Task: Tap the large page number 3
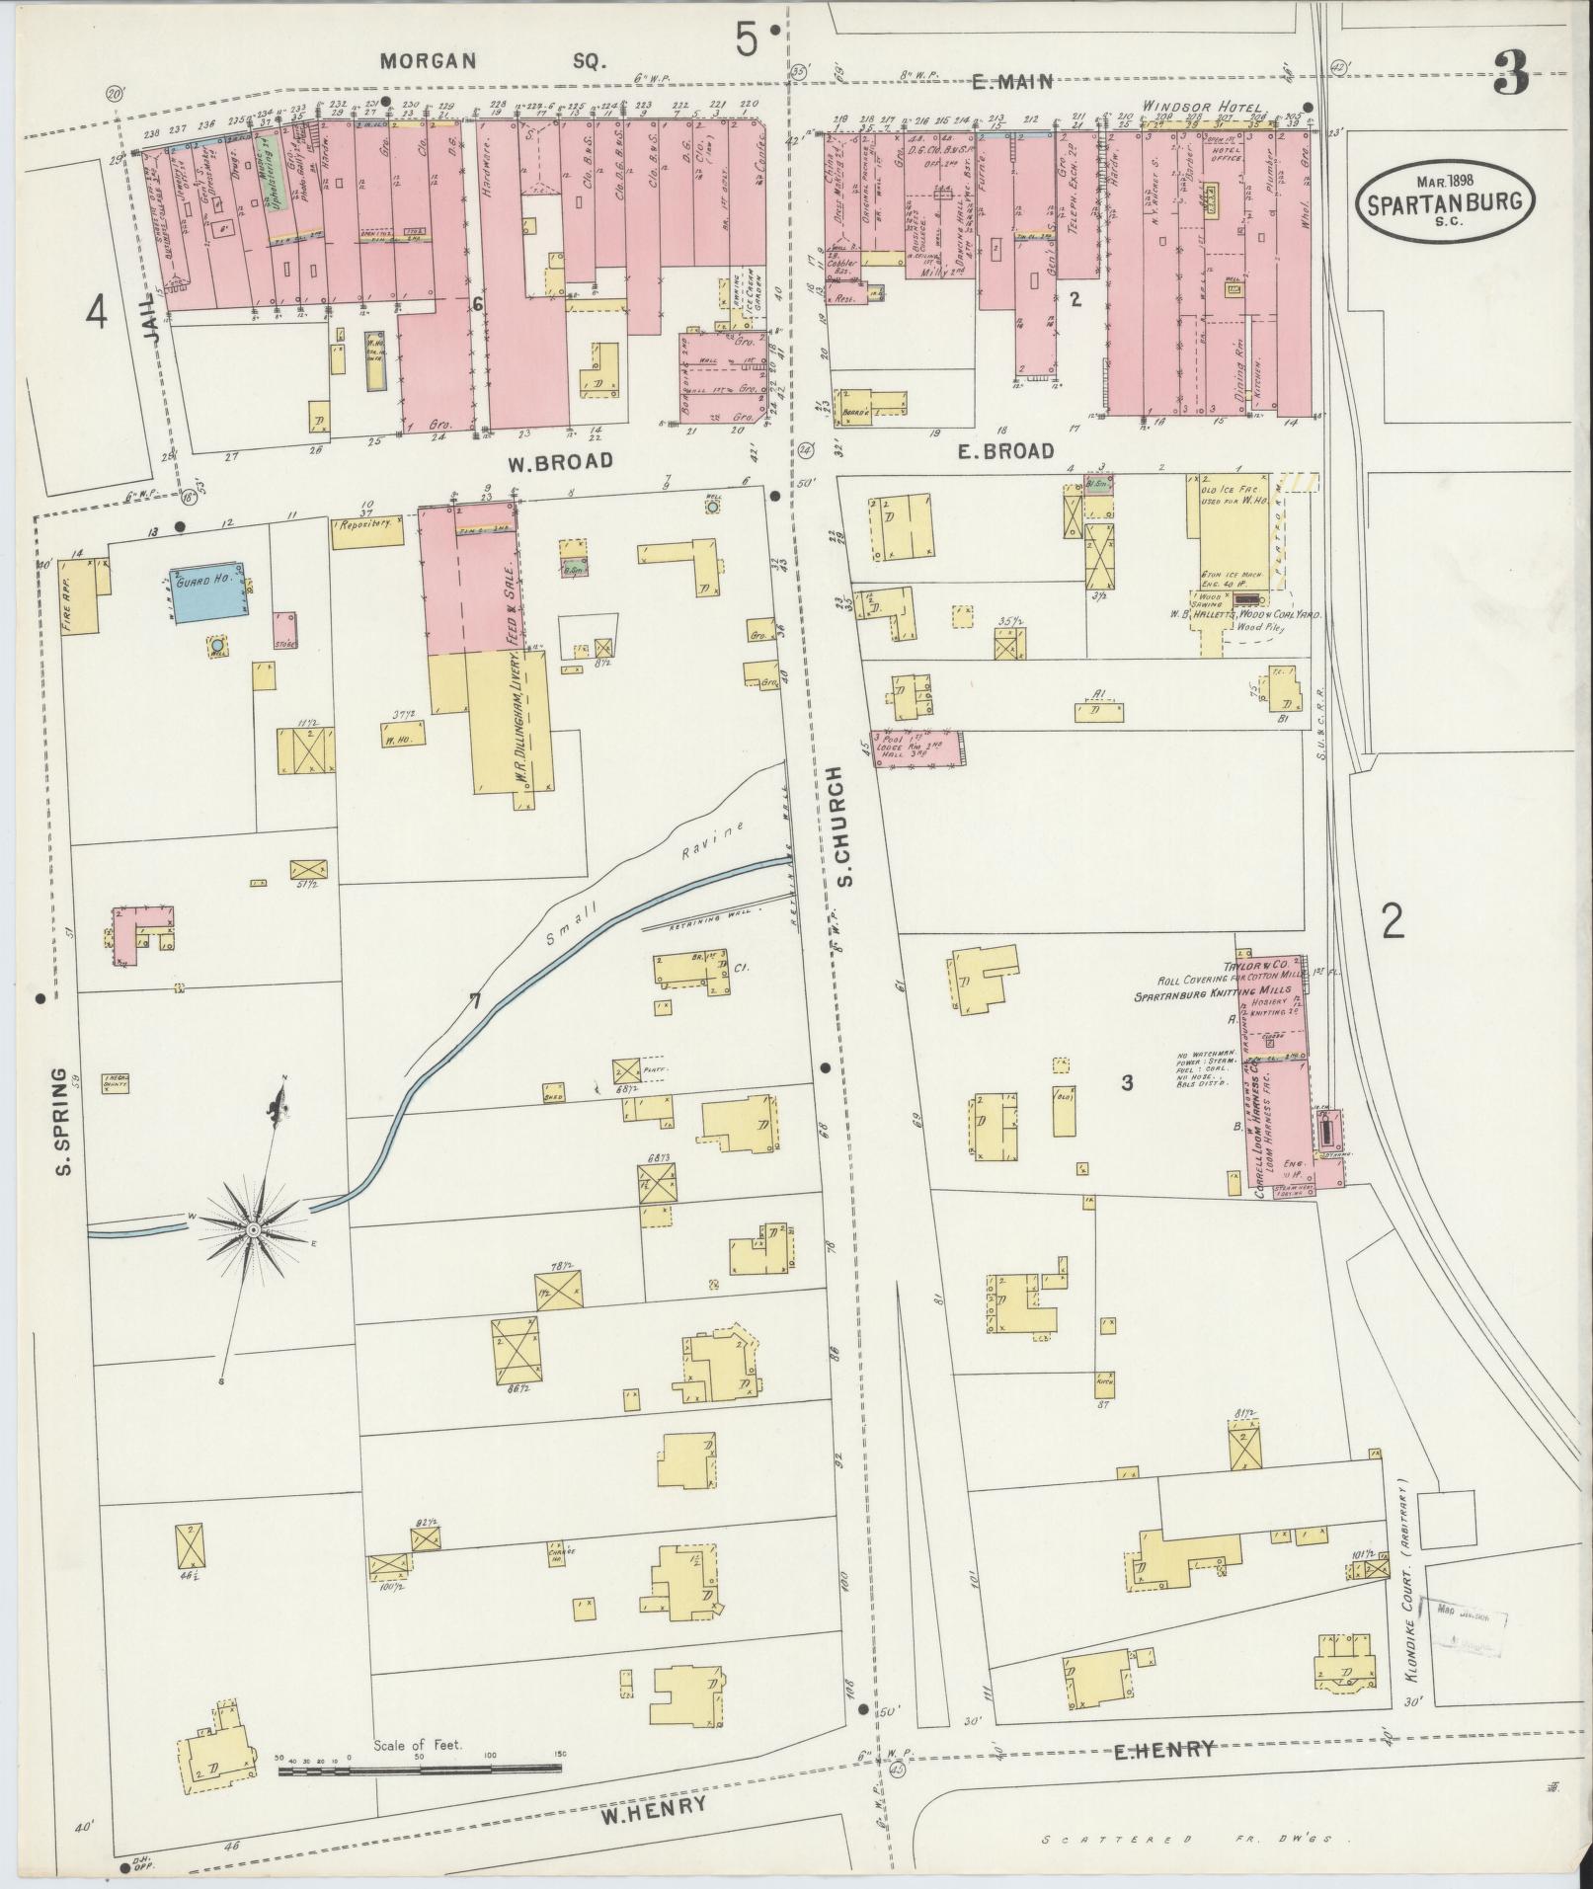click(1511, 73)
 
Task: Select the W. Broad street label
click(560, 461)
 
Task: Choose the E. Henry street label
click(1163, 1751)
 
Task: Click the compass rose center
click(253, 1229)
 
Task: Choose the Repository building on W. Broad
click(367, 526)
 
